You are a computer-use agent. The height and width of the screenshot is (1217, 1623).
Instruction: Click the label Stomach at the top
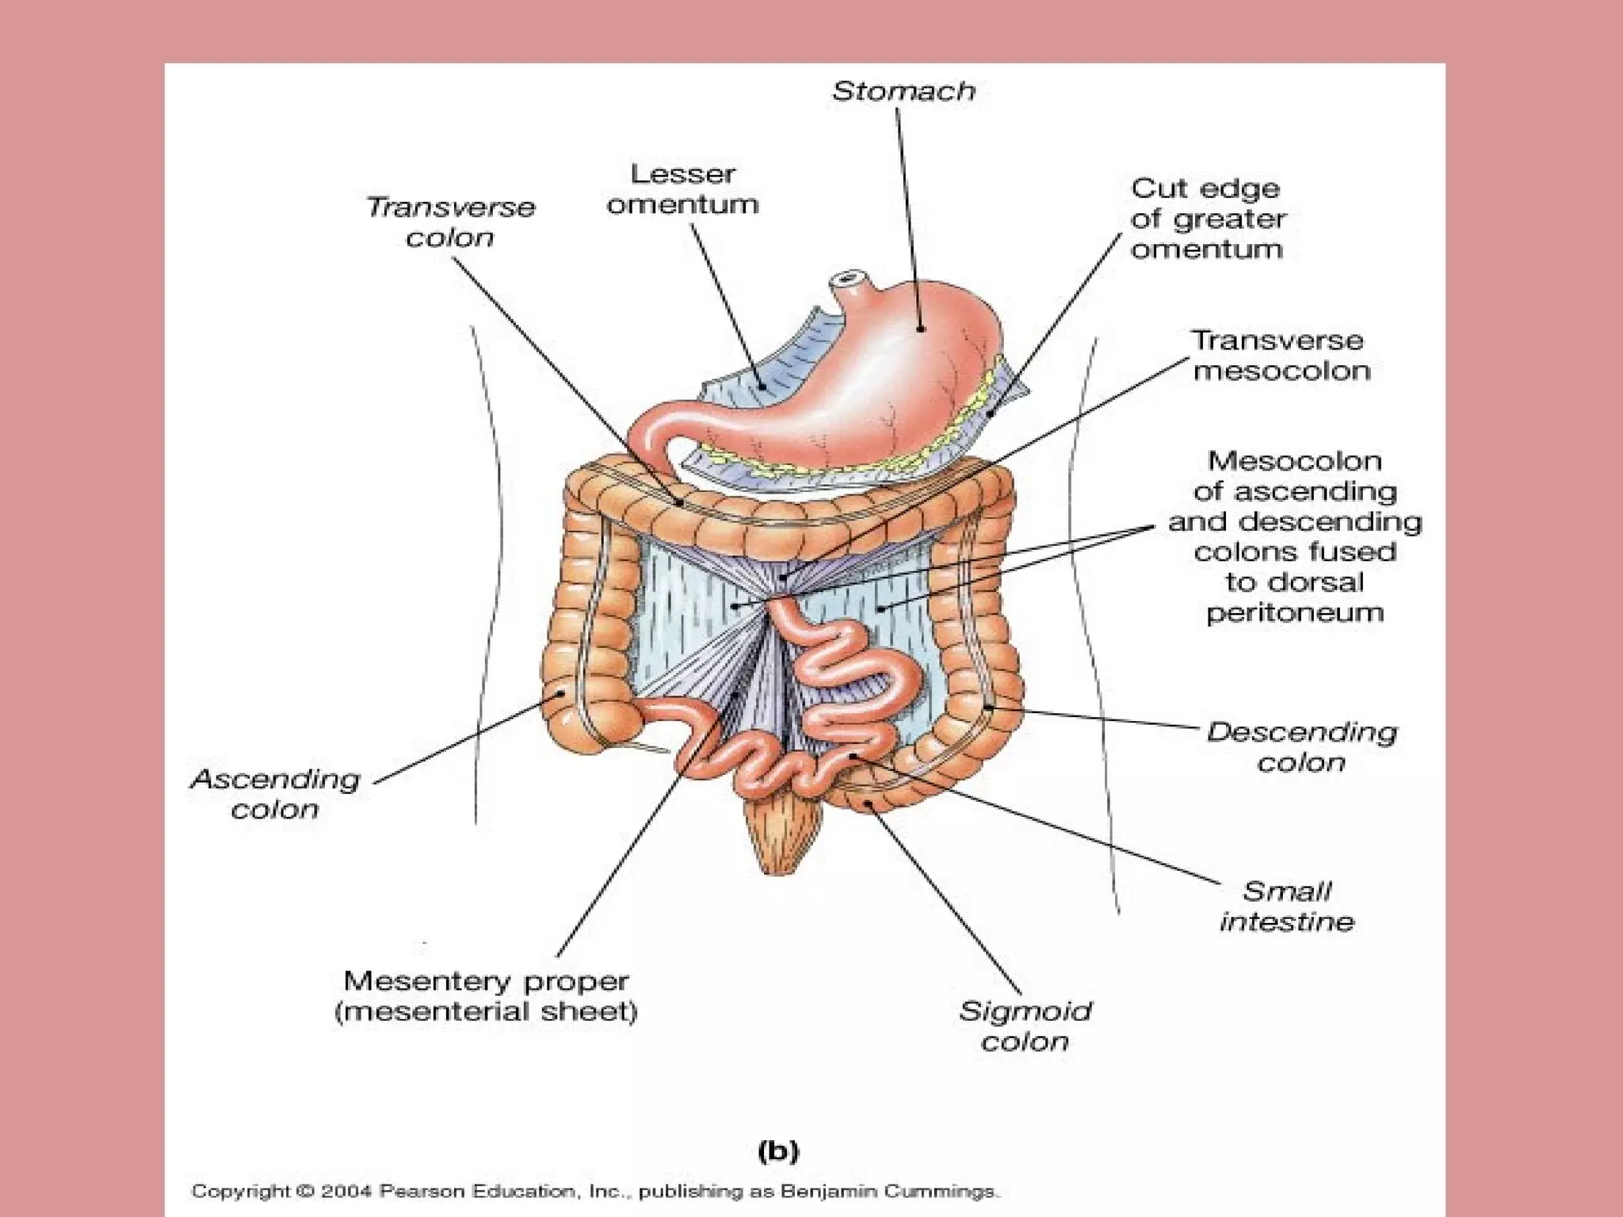903,92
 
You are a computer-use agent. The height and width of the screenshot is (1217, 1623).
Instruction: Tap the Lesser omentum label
682,189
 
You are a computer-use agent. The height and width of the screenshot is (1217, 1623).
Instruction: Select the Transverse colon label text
450,222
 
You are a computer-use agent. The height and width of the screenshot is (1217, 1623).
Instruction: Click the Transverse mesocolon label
1279,356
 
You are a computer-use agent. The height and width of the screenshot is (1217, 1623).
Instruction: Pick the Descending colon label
1300,746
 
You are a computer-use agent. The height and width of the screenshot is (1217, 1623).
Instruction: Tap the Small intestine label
1286,906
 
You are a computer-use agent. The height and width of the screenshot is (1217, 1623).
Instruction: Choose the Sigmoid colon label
1025,1026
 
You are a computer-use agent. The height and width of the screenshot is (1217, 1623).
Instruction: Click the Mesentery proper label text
486,982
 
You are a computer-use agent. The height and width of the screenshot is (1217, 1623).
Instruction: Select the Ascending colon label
275,794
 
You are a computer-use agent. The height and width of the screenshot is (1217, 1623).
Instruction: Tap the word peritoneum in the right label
1294,612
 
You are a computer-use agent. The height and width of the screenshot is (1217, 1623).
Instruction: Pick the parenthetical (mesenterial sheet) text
486,1013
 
